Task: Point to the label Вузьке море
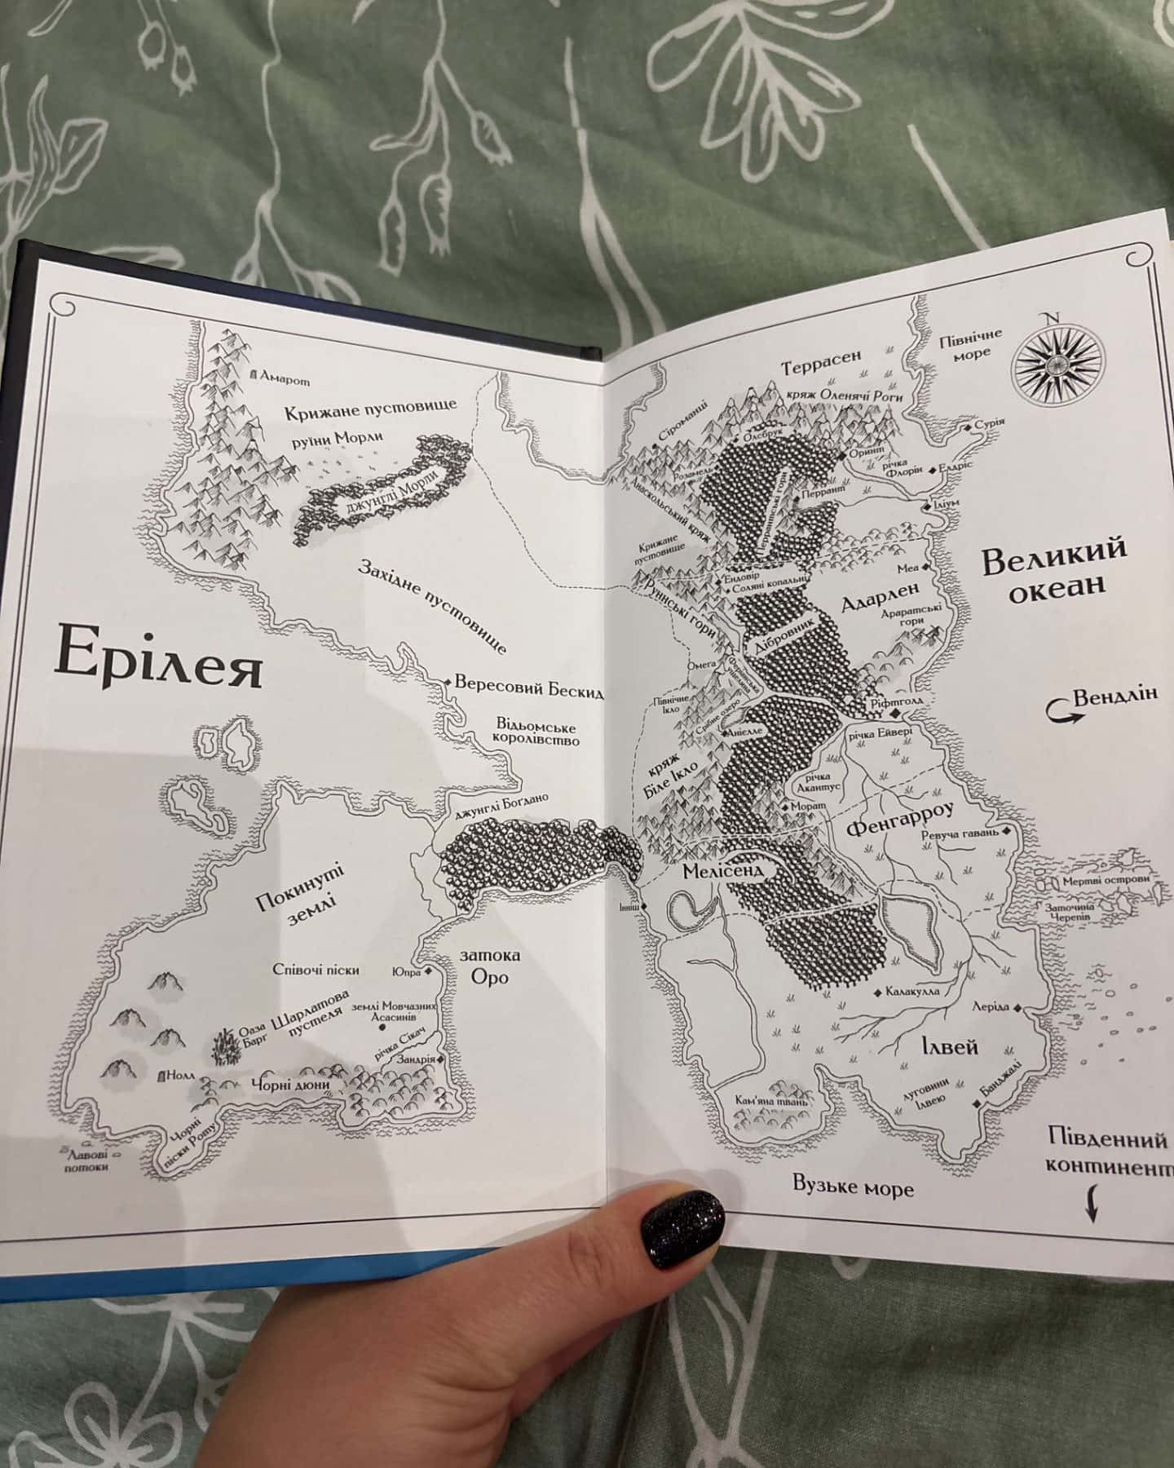854,1187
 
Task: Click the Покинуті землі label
299,895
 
